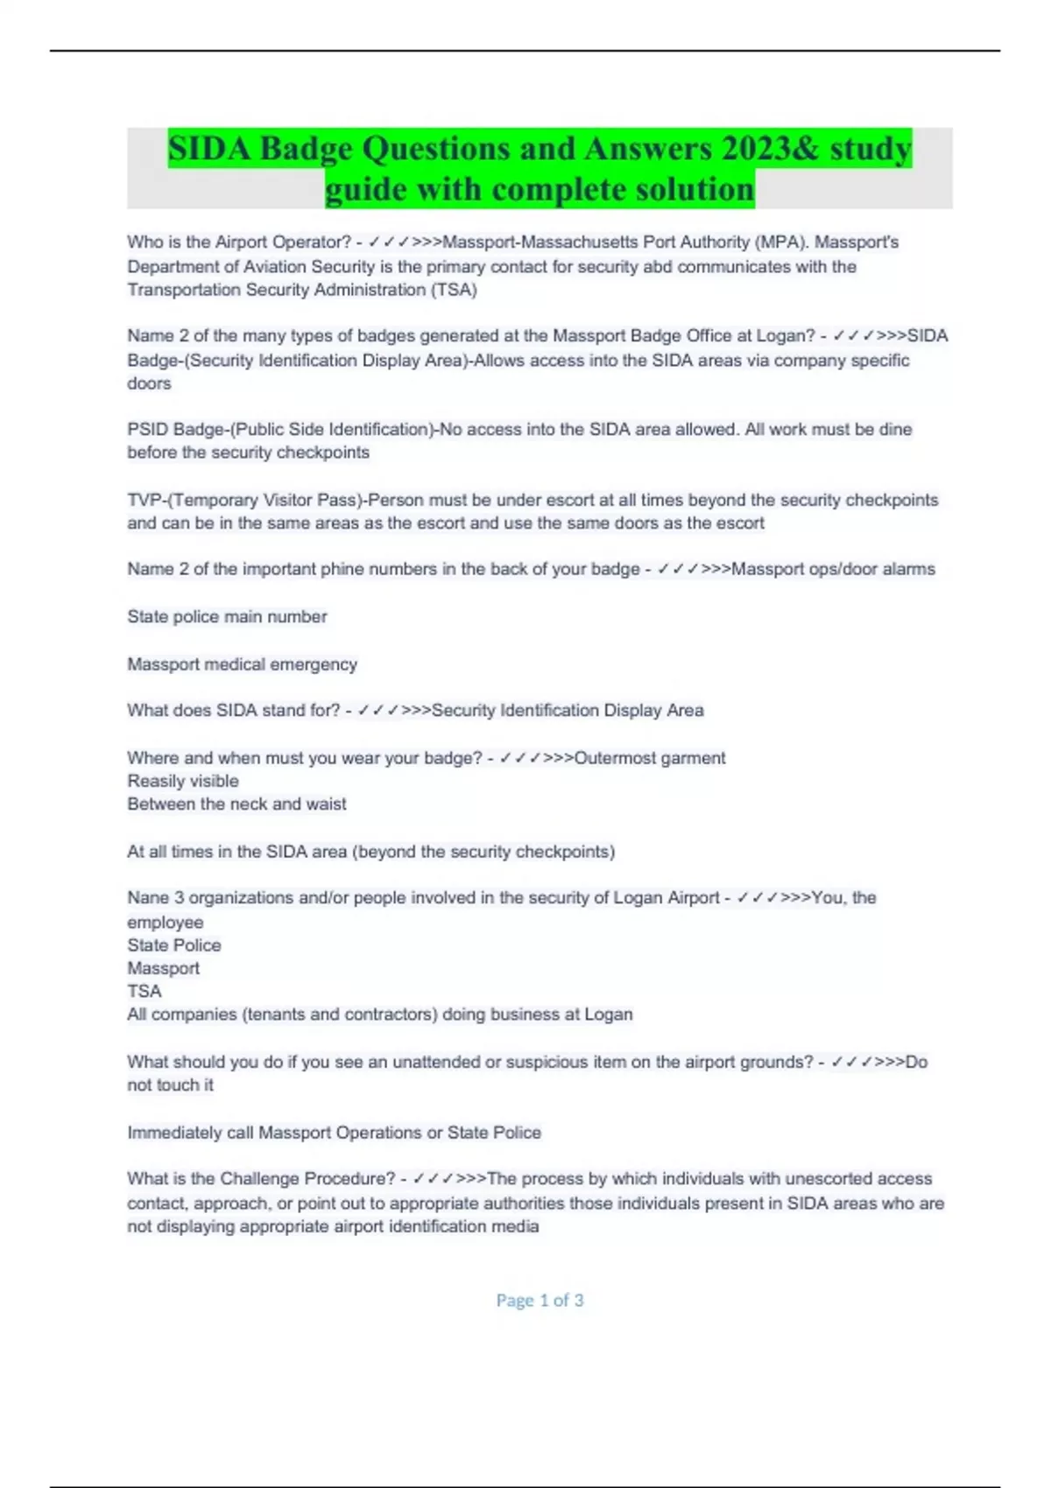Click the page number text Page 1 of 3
pyautogui.click(x=540, y=1301)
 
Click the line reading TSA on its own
pyautogui.click(x=145, y=992)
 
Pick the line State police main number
pyautogui.click(x=227, y=617)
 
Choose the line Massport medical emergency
pyautogui.click(x=242, y=665)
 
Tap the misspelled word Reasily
pyautogui.click(x=155, y=781)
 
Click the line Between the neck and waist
pyautogui.click(x=236, y=804)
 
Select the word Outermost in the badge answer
pyautogui.click(x=612, y=758)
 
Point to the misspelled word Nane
pyautogui.click(x=148, y=898)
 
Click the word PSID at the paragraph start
pyautogui.click(x=148, y=430)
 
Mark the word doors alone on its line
pyautogui.click(x=149, y=383)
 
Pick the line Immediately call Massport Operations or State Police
pyautogui.click(x=334, y=1133)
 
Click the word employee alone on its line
pyautogui.click(x=165, y=923)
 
